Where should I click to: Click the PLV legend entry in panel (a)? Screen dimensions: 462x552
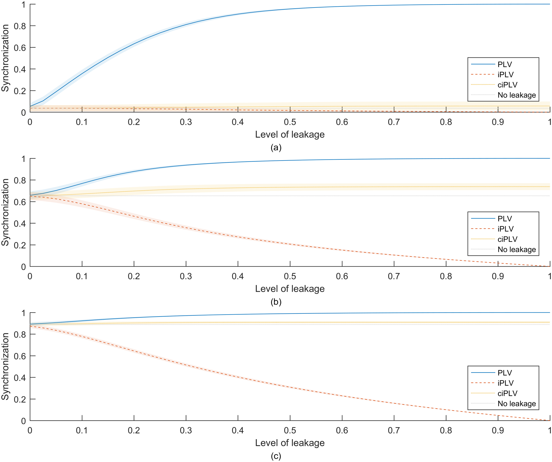(505, 64)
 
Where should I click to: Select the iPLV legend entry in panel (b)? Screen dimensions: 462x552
(505, 229)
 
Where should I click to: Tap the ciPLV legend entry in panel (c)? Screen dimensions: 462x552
(507, 393)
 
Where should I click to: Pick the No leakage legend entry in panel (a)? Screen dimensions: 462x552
(517, 95)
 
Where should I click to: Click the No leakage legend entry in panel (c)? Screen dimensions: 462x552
(517, 403)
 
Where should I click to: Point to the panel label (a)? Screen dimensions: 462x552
(276, 147)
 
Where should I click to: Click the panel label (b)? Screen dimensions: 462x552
(276, 302)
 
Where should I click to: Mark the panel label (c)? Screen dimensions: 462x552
(276, 456)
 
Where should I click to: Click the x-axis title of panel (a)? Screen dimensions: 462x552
(290, 135)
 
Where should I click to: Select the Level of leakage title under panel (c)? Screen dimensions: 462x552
(290, 443)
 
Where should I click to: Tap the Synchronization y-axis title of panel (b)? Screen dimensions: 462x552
(5, 212)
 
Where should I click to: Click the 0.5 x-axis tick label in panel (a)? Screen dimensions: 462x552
(290, 122)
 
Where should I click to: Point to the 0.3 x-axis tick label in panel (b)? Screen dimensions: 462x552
(186, 276)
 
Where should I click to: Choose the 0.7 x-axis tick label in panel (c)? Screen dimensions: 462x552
(394, 431)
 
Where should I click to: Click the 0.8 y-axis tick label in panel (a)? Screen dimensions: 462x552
(20, 26)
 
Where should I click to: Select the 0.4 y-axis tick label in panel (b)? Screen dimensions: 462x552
(20, 223)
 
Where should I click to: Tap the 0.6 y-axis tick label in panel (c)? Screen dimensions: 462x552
(20, 356)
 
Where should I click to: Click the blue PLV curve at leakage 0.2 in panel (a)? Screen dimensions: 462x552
(134, 44)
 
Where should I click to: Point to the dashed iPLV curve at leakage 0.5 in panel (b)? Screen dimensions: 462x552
(290, 244)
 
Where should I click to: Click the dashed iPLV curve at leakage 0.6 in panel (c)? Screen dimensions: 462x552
(342, 395)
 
